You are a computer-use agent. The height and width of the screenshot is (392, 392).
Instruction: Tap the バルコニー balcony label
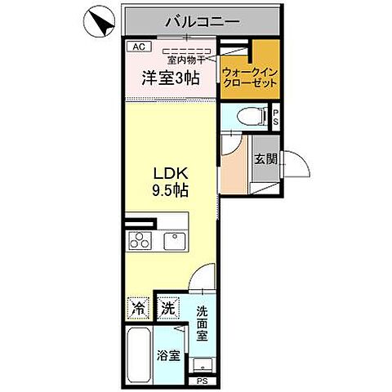(201, 21)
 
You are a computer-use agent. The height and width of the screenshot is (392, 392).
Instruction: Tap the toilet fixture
(255, 117)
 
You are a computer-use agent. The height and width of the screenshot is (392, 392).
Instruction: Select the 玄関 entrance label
(264, 158)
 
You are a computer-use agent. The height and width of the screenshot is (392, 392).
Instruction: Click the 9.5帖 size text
(171, 191)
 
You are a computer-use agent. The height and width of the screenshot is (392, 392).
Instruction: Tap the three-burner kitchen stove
(140, 241)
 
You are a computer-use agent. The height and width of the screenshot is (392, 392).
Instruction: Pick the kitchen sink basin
(174, 240)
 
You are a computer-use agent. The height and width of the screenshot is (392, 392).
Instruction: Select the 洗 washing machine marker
(167, 310)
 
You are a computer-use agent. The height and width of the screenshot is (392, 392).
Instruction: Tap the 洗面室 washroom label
(203, 321)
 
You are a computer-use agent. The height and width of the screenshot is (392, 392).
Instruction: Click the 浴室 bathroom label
(169, 358)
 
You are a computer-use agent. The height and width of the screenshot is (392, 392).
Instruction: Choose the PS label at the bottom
(202, 381)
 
